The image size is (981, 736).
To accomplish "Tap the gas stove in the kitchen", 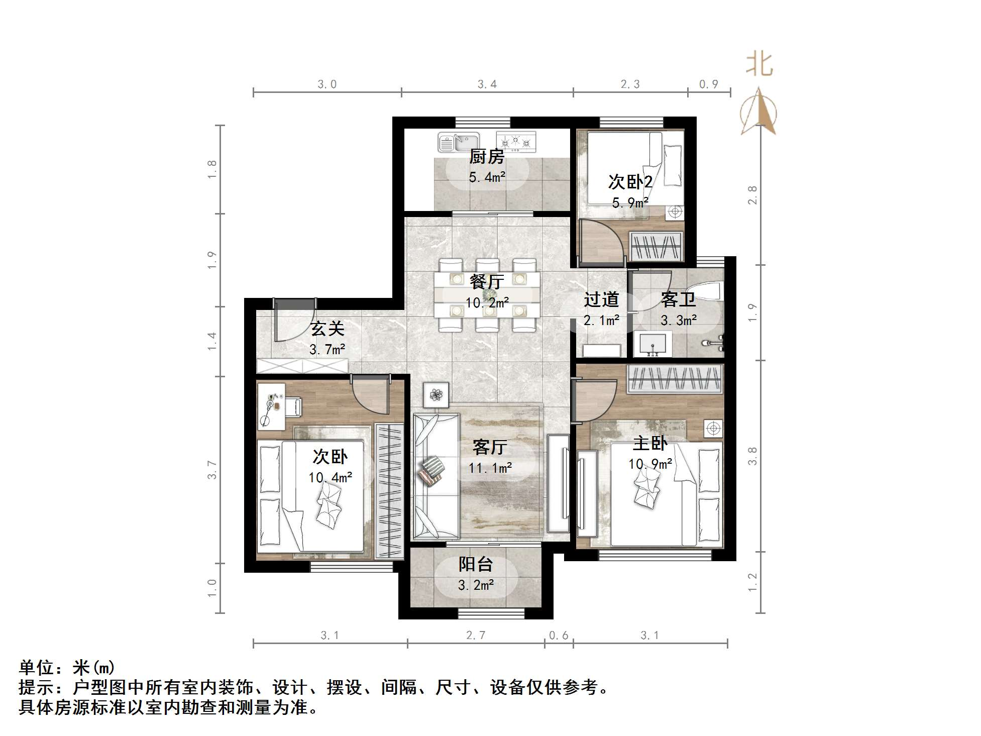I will (516, 142).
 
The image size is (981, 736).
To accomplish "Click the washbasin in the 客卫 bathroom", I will (652, 344).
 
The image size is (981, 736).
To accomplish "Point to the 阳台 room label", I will (475, 565).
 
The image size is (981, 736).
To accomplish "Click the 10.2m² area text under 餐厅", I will (487, 303).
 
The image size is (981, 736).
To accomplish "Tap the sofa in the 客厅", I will (435, 475).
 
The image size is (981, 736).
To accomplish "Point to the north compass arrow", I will (758, 112).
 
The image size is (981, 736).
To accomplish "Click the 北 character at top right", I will (758, 64).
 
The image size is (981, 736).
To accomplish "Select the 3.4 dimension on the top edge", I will (487, 84).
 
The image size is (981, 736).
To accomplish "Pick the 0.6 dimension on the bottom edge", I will (558, 636).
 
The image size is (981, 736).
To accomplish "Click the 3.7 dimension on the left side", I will (212, 470).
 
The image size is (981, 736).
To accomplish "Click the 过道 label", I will (601, 300).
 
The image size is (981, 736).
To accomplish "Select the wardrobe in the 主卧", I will (674, 378).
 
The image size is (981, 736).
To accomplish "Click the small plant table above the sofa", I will (436, 395).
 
